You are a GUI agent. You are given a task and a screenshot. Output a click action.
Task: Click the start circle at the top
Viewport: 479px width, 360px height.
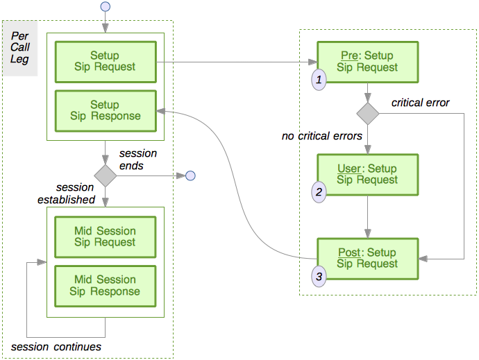coord(106,6)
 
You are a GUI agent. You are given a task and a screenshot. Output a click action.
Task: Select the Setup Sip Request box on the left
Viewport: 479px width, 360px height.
coord(105,61)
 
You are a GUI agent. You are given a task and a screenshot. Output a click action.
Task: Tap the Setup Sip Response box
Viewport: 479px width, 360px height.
coord(105,110)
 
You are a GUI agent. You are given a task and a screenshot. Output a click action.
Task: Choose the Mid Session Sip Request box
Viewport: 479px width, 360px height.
coord(105,237)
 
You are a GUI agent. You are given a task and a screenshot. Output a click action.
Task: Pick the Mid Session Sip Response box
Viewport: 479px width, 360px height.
coord(105,285)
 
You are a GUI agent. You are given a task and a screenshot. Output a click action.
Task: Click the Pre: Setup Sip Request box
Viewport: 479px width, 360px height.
coord(367,61)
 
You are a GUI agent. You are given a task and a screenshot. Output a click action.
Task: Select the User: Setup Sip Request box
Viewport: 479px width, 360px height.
coord(367,174)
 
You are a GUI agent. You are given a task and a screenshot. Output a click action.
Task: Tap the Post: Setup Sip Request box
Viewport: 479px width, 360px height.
coord(367,258)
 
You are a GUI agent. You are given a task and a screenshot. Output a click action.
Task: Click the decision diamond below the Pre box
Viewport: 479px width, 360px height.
coord(367,112)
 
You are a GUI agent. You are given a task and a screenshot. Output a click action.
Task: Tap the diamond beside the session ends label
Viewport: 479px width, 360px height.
coord(106,175)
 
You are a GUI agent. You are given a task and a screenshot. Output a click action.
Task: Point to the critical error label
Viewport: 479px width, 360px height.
coord(420,103)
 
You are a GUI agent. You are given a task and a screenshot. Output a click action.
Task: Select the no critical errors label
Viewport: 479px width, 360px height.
coord(321,136)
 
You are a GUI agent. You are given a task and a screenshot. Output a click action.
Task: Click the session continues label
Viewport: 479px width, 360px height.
coord(56,346)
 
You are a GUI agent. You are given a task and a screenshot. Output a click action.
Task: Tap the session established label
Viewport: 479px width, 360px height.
coord(66,194)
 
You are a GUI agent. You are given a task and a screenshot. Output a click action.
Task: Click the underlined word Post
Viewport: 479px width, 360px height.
coord(348,252)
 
